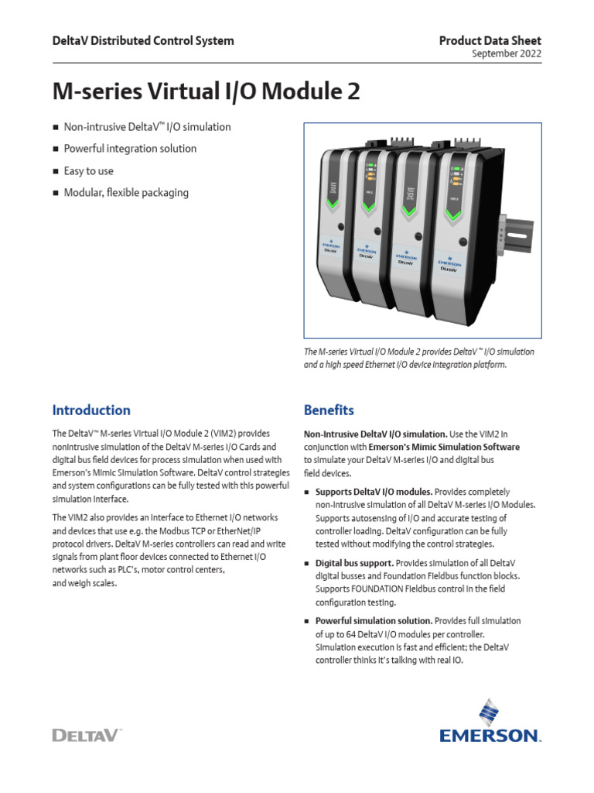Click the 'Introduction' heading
click(x=91, y=410)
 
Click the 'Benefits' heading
click(x=329, y=410)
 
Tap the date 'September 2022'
click(x=507, y=53)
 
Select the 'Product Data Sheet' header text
click(x=490, y=40)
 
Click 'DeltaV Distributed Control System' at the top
click(x=142, y=40)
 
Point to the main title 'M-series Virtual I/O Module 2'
click(x=206, y=92)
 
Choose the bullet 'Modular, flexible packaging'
click(x=126, y=192)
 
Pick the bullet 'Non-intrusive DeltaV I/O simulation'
click(x=147, y=127)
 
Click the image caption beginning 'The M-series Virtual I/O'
click(x=419, y=358)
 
